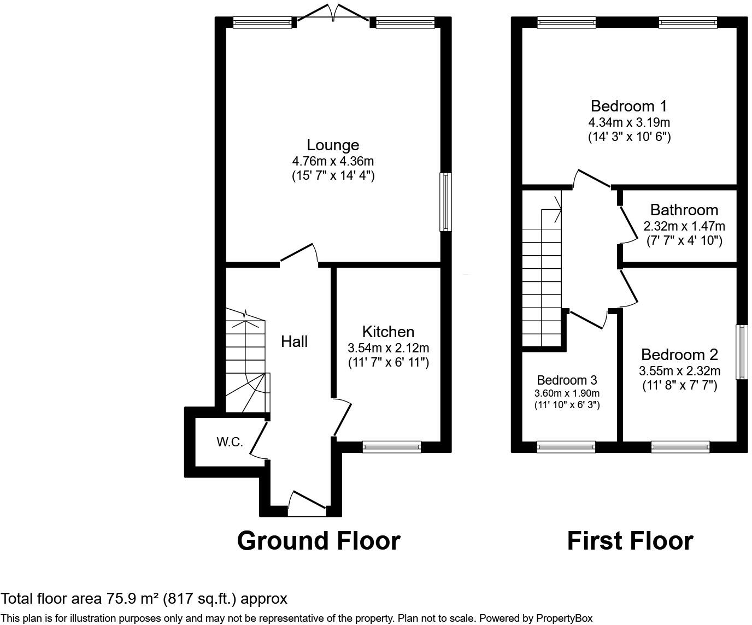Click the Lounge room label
[x=333, y=145]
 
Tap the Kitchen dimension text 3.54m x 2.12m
[x=388, y=348]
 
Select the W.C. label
[x=230, y=442]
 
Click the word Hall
[x=295, y=341]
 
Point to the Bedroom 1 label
[x=629, y=106]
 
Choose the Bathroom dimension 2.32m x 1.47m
[x=684, y=226]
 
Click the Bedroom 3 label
[x=567, y=380]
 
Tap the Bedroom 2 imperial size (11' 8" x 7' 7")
[x=679, y=385]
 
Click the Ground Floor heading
[x=319, y=540]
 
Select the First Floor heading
[x=630, y=540]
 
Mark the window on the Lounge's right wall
[x=446, y=202]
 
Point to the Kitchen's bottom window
[x=392, y=447]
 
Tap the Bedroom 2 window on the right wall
[x=742, y=352]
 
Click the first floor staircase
[x=542, y=284]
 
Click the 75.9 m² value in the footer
[x=133, y=599]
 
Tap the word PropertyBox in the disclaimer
[x=564, y=618]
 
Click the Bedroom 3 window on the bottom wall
[x=566, y=447]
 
